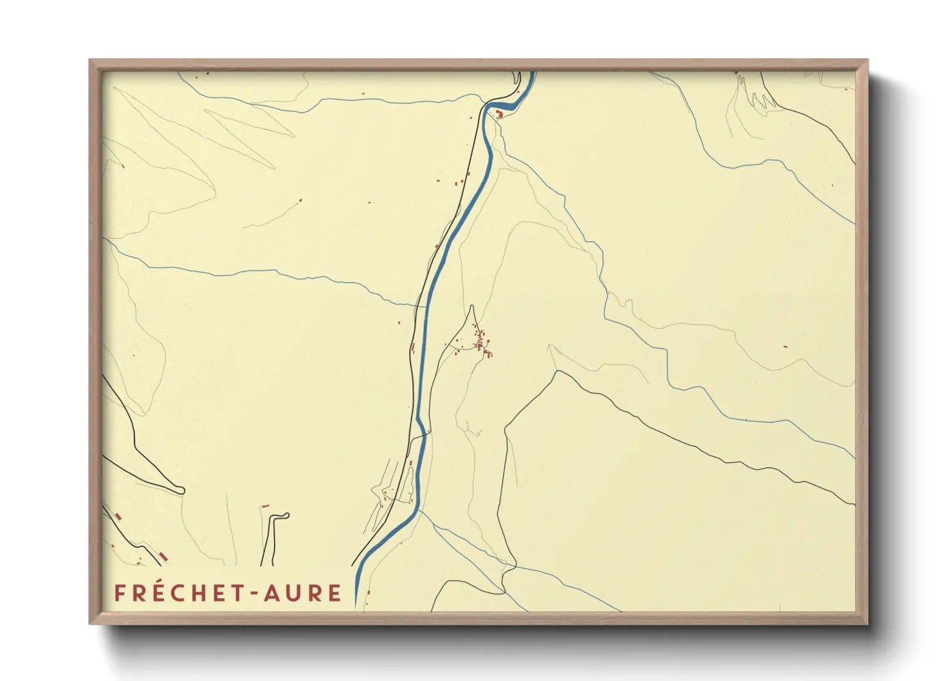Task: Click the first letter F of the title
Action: [119, 593]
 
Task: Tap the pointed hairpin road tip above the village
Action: [473, 306]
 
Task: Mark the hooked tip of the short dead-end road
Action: [286, 515]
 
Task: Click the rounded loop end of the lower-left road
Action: [181, 490]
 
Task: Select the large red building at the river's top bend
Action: [499, 115]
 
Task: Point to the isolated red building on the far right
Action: [785, 347]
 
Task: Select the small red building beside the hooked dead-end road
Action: [264, 507]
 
